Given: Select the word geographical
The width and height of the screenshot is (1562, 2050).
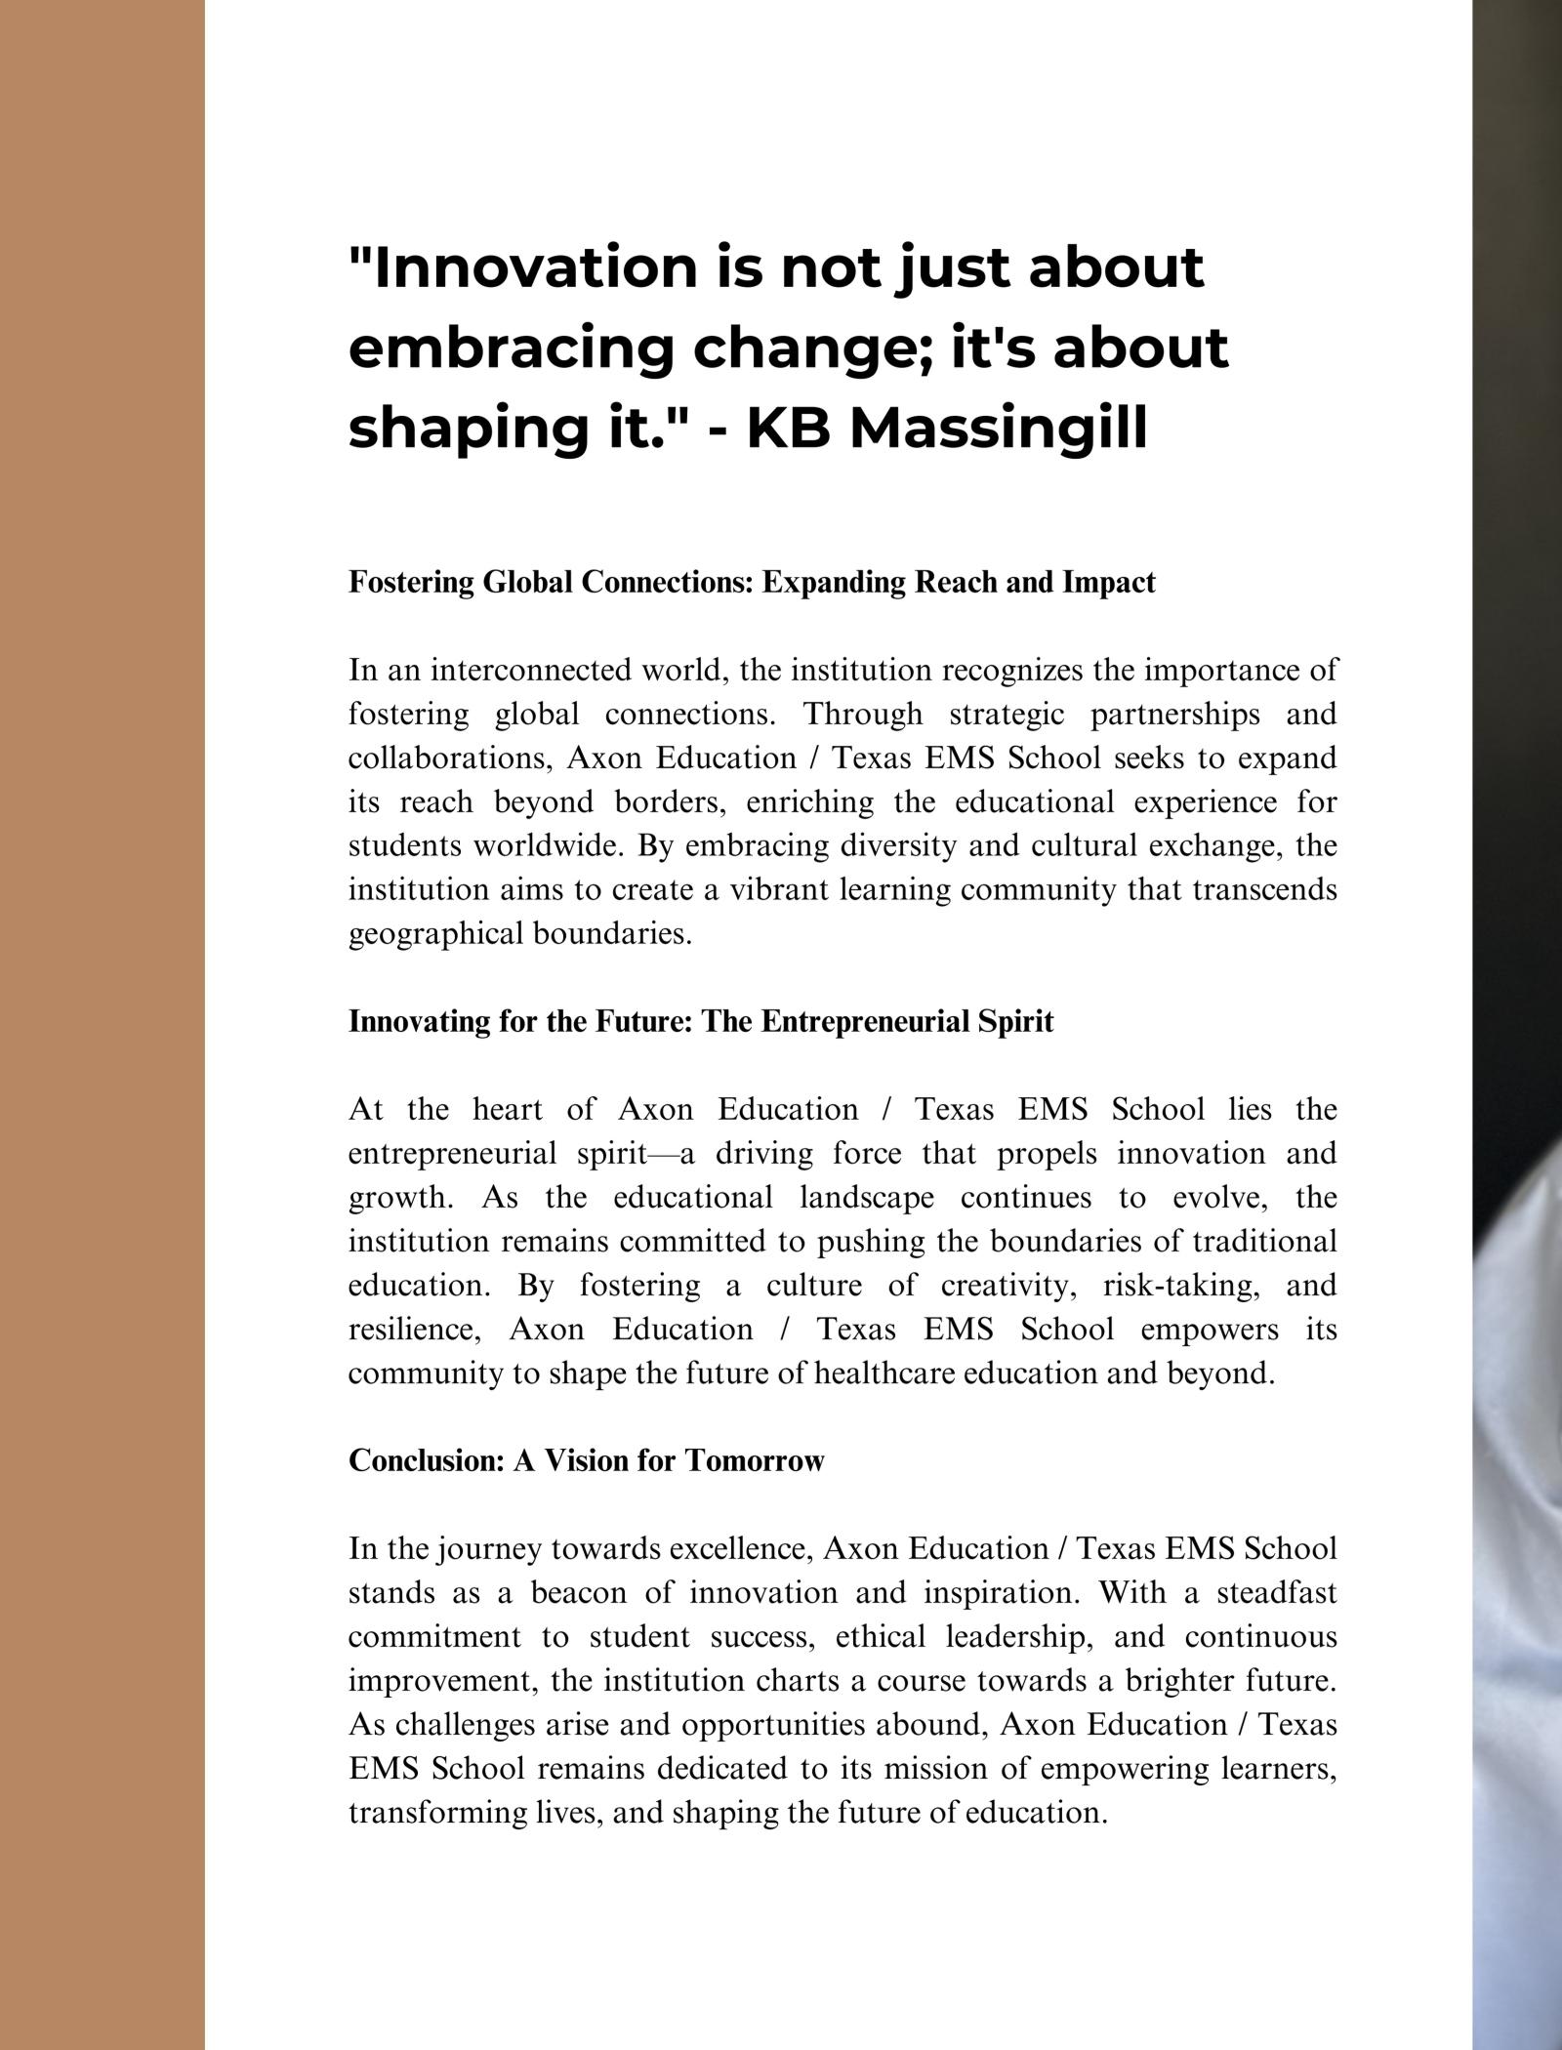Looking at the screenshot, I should click(435, 934).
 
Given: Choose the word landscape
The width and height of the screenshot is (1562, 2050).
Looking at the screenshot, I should click(866, 1198).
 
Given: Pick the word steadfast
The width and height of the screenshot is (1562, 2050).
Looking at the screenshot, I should click(1276, 1593).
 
